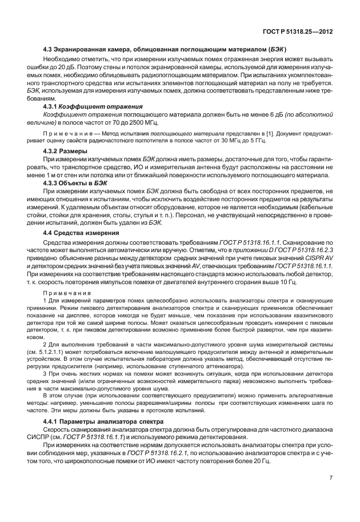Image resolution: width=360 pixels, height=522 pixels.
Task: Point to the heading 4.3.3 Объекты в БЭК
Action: coord(76,182)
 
